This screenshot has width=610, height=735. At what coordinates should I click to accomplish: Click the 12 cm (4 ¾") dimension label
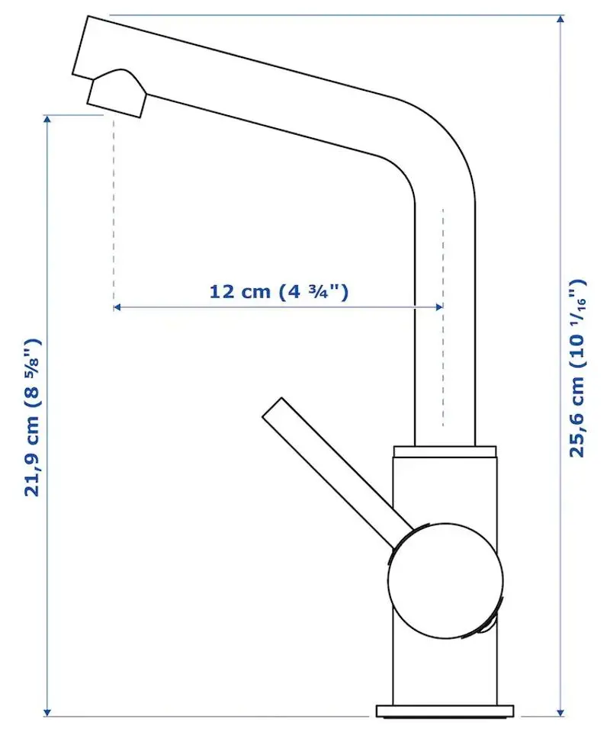[278, 290]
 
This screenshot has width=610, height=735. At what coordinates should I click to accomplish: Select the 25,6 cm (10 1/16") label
[579, 367]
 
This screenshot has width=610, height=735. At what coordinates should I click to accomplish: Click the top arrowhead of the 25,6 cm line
[562, 20]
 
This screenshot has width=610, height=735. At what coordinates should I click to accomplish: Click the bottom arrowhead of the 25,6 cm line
[562, 711]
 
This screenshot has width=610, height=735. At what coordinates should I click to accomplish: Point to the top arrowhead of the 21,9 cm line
[48, 120]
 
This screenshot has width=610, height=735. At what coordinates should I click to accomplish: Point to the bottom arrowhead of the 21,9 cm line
[48, 711]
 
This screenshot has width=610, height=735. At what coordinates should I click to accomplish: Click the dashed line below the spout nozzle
[114, 206]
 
